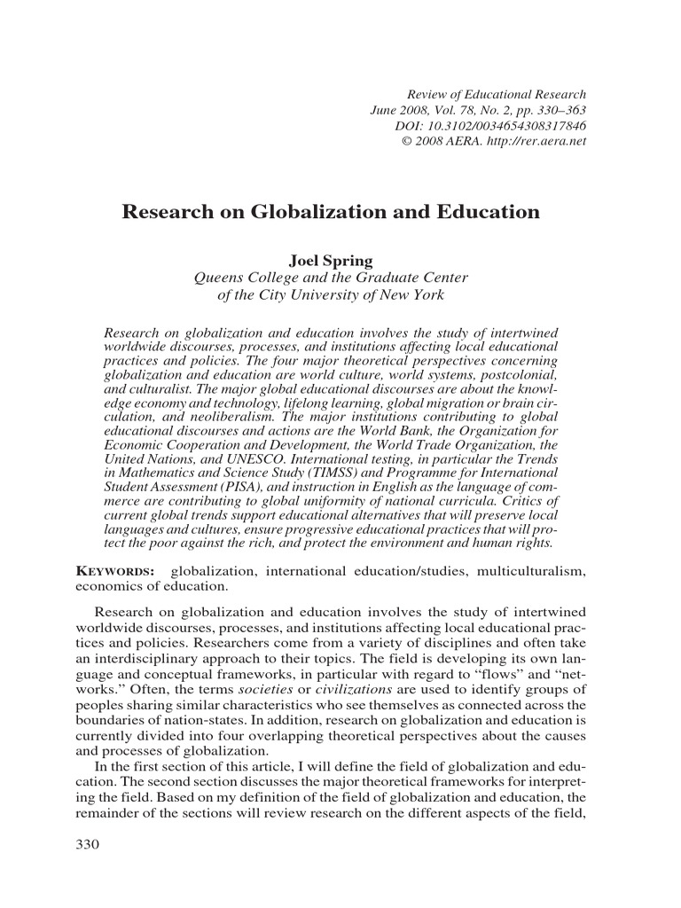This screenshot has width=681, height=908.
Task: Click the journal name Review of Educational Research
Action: (496, 94)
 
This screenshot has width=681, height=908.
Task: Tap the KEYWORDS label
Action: (104, 573)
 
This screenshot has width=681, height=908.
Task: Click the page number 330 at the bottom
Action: (90, 843)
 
